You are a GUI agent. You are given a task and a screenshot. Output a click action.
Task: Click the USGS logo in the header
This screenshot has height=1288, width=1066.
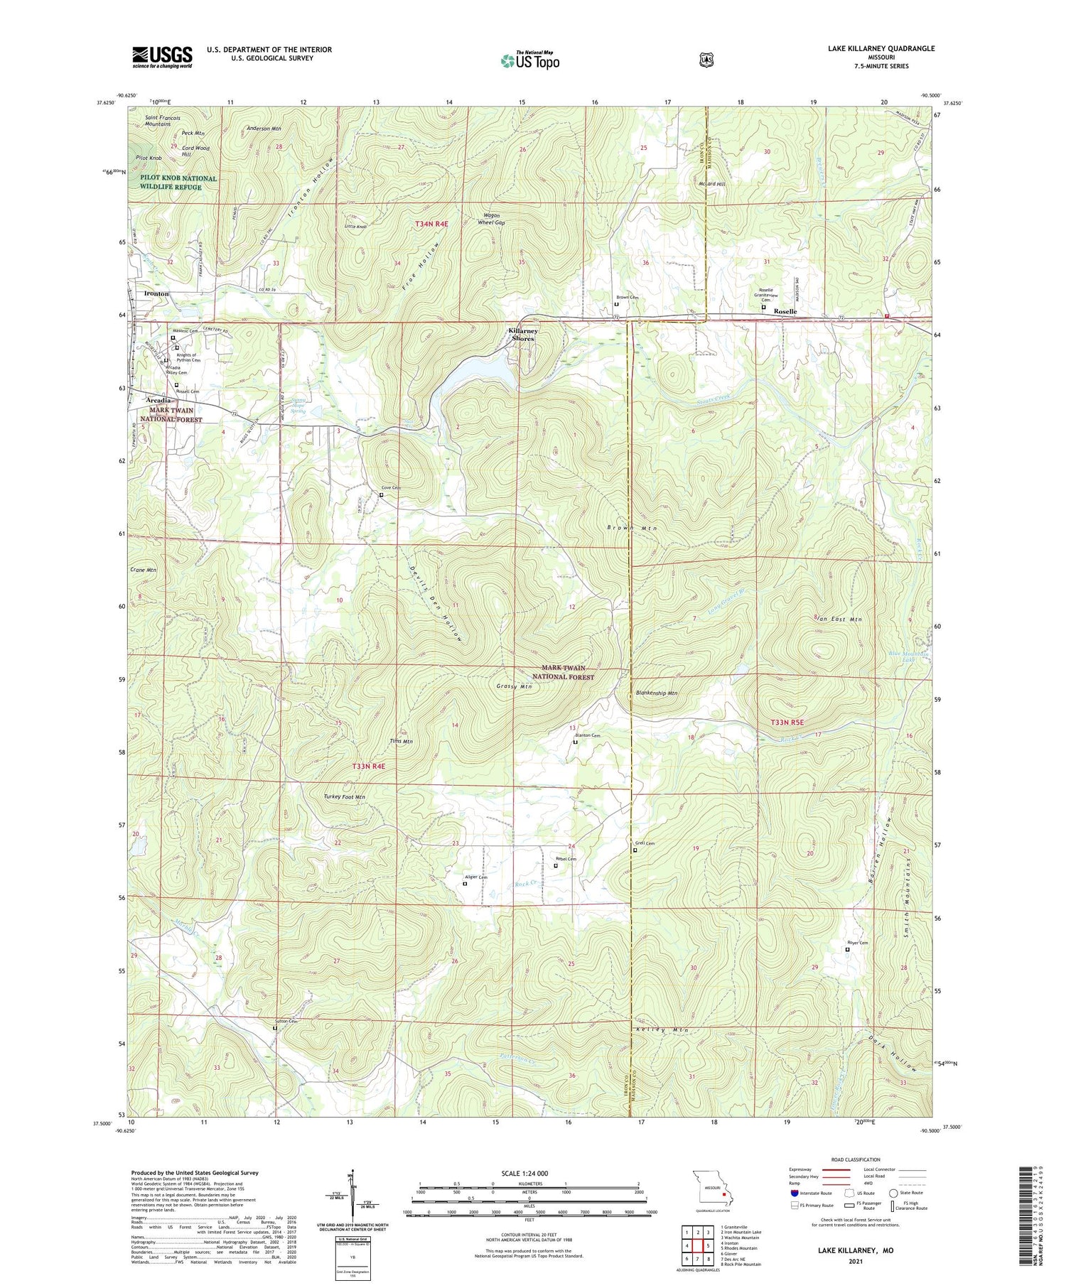point(162,57)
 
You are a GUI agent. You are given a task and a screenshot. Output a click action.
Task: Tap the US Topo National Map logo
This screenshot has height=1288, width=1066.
point(529,60)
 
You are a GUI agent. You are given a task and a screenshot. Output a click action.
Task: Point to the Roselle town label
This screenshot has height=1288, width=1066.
point(785,311)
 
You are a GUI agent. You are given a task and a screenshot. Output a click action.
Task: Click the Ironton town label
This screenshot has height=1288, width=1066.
point(156,293)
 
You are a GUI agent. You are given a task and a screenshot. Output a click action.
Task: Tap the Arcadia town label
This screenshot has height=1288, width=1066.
point(158,400)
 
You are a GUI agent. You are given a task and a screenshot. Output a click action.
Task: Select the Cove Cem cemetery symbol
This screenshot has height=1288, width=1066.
point(381,494)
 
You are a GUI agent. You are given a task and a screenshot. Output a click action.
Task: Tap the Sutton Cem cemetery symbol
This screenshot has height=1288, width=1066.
point(275,1027)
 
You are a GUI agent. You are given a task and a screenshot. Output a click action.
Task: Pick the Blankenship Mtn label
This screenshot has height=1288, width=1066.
point(657,693)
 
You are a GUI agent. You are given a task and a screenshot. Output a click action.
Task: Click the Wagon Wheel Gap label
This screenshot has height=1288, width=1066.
point(490,219)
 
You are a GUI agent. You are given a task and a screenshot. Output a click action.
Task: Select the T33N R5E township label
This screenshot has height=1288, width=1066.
point(787,723)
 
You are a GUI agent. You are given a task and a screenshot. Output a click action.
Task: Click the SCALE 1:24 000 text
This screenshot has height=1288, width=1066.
point(529,1173)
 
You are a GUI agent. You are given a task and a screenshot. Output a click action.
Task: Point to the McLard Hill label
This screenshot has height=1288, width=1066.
point(711,184)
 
